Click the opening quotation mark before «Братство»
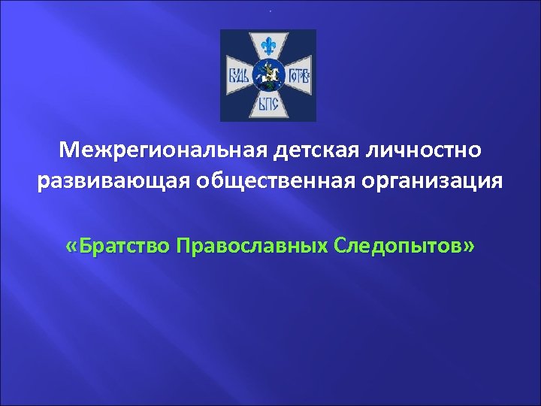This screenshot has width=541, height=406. [x=71, y=246]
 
